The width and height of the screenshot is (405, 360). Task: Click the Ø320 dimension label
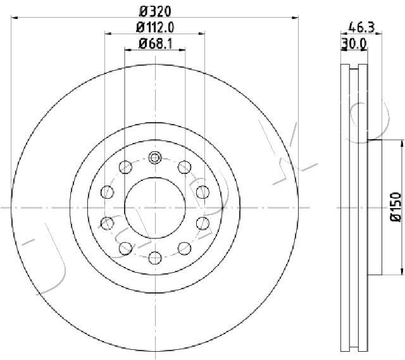[155, 11]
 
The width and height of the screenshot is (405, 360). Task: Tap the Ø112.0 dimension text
[155, 27]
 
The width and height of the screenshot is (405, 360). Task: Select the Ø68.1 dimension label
[155, 44]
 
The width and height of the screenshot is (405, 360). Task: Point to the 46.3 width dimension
[361, 27]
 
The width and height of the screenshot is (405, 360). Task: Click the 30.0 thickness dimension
[354, 44]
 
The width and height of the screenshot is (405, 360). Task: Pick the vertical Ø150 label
[396, 207]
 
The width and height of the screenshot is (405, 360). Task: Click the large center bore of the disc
[155, 208]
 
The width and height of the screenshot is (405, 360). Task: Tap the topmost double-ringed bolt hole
[155, 158]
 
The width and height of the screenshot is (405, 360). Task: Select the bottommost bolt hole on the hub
[155, 258]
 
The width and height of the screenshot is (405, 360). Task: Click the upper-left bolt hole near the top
[125, 167]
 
